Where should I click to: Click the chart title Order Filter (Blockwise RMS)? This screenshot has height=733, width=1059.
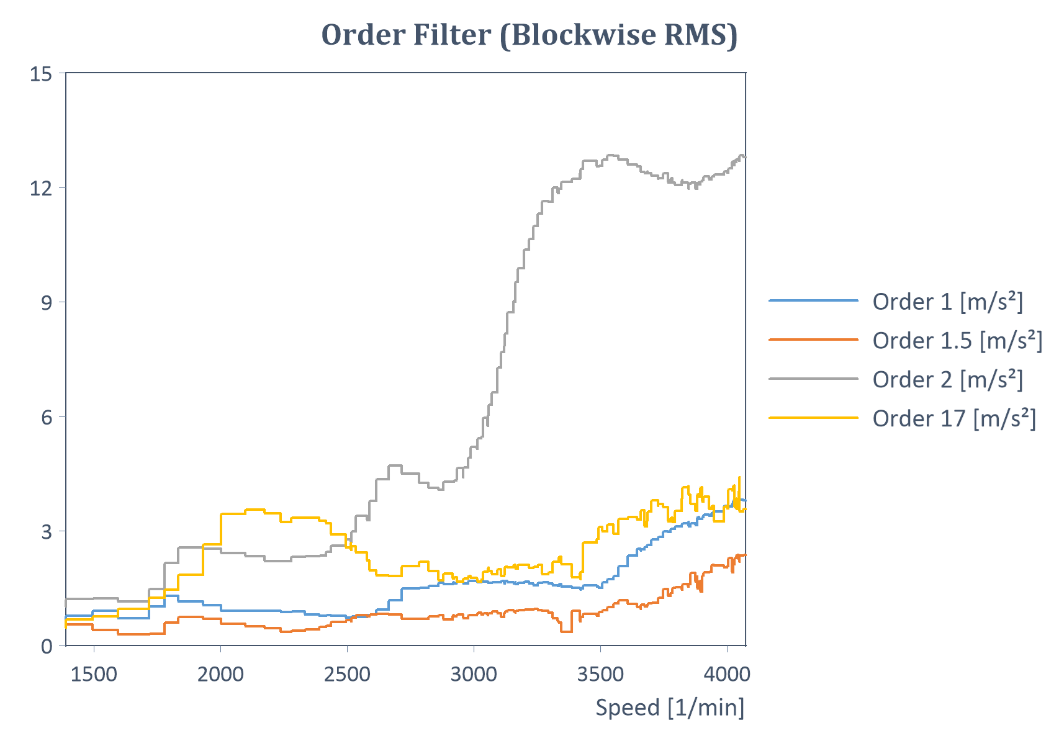(x=529, y=35)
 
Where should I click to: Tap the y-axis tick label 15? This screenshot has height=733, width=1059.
(x=41, y=74)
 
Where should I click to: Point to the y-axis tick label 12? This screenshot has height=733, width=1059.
(x=41, y=188)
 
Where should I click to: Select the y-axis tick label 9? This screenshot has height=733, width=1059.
(x=47, y=303)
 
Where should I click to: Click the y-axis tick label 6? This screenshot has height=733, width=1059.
(x=47, y=417)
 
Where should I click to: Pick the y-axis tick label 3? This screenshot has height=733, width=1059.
(x=47, y=532)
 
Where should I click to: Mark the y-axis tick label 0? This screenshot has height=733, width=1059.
(x=47, y=647)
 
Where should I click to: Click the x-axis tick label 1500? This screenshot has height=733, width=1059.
(x=94, y=674)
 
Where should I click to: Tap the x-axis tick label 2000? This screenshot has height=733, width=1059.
(x=220, y=674)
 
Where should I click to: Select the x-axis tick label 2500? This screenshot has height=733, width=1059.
(x=347, y=674)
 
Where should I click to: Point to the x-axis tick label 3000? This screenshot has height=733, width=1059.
(x=474, y=674)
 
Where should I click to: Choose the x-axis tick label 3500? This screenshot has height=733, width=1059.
(x=600, y=674)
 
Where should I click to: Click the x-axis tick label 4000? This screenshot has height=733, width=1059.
(x=727, y=674)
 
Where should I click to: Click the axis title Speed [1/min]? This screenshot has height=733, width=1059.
(x=670, y=708)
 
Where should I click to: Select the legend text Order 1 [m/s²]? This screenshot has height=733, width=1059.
(x=947, y=302)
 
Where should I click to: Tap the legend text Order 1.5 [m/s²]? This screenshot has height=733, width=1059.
(x=957, y=341)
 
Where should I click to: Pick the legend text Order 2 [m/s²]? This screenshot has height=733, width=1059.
(x=947, y=379)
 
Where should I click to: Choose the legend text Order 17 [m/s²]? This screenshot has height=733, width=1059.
(x=954, y=418)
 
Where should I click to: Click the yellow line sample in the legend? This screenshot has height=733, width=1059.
(x=814, y=418)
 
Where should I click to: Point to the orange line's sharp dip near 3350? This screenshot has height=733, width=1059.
(x=566, y=631)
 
